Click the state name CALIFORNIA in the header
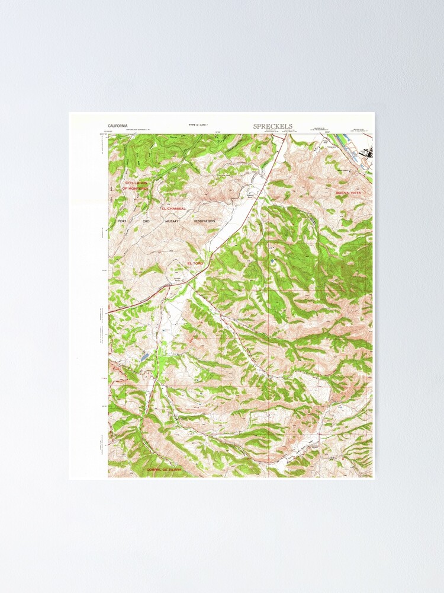coord(118,126)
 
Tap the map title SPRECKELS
coord(272,126)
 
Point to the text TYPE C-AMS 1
coord(199,125)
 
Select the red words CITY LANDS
coord(136,183)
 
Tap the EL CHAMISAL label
coord(173,209)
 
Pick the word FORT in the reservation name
coord(123,221)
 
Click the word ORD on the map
coord(146,221)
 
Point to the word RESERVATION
coord(204,221)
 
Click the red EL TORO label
coord(195,263)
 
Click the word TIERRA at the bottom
coord(175,469)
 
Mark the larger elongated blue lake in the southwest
coord(144,358)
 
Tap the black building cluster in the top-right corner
coord(367,152)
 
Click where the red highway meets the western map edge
coord(109,311)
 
